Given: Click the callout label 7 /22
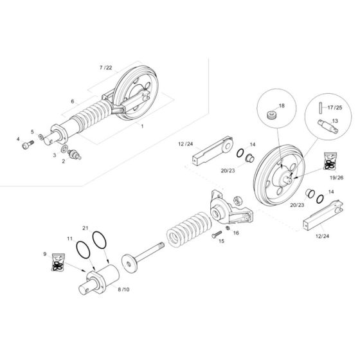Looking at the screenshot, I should [x=105, y=67].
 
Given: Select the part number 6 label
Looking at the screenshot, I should [x=72, y=102].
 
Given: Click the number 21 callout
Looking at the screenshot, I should [x=84, y=229].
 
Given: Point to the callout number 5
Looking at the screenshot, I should [x=32, y=131].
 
